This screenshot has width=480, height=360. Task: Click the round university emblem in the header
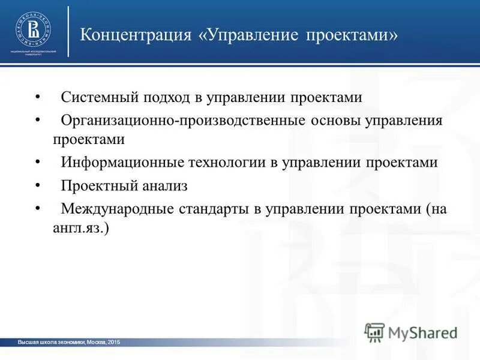[x=34, y=29]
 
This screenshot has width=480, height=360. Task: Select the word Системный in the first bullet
[x=98, y=98]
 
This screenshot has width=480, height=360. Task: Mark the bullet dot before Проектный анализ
[x=38, y=186]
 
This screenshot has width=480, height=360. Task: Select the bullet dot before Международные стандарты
[x=38, y=208]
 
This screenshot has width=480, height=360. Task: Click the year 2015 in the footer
[x=114, y=342]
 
